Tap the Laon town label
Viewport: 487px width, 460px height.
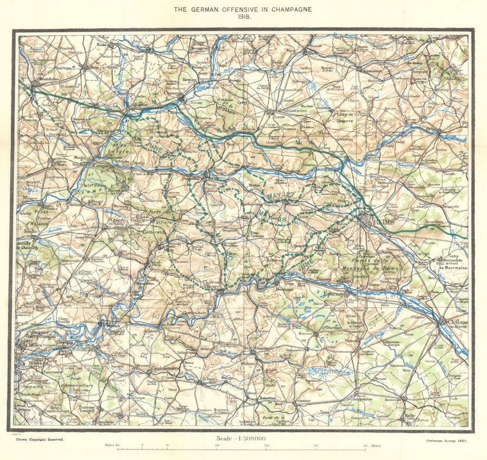click(279, 117)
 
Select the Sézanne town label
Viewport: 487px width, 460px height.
click(302, 400)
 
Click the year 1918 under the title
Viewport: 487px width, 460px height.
click(243, 16)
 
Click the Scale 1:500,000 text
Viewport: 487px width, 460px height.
click(242, 439)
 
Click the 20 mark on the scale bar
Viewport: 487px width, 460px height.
click(266, 445)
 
